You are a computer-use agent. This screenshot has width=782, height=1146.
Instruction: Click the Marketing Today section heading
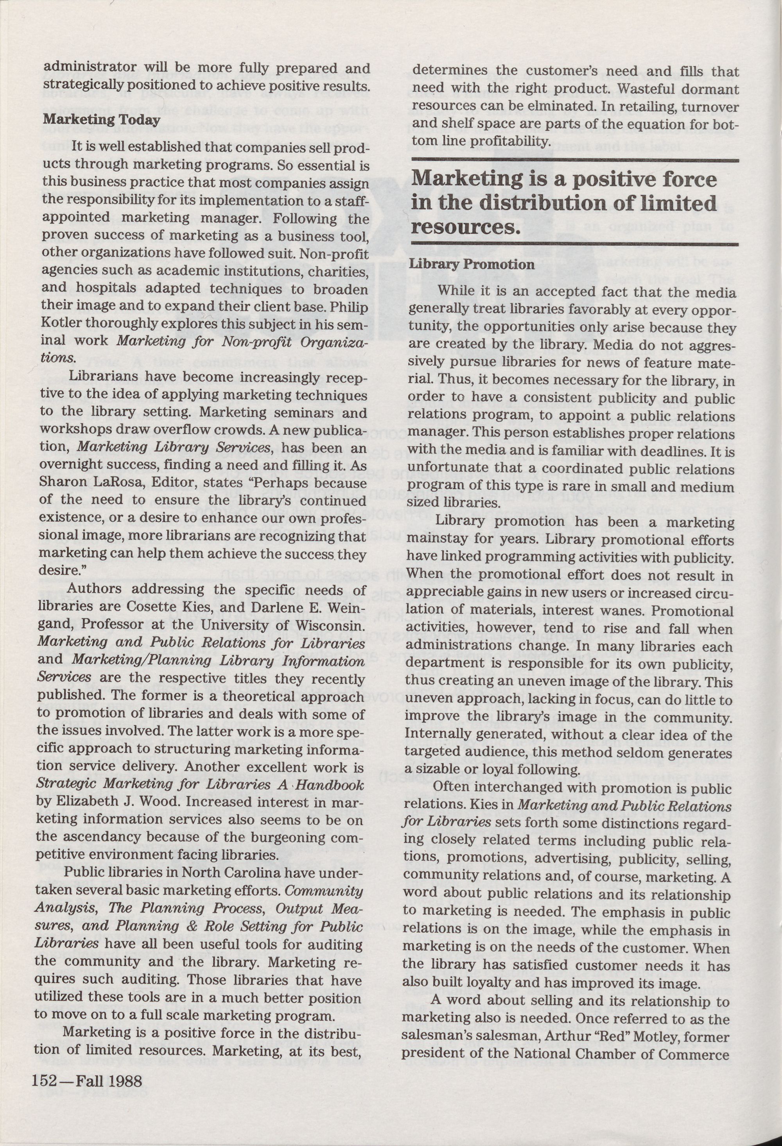click(101, 120)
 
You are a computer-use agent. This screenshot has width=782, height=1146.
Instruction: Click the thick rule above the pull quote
click(574, 160)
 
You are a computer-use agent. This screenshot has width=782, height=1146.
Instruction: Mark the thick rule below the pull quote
click(574, 245)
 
